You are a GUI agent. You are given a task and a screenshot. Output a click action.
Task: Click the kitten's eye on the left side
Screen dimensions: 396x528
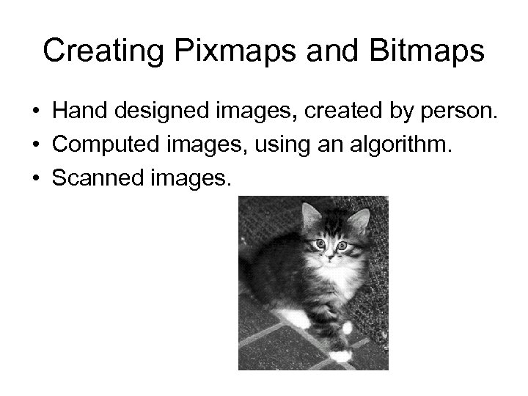pos(320,243)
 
